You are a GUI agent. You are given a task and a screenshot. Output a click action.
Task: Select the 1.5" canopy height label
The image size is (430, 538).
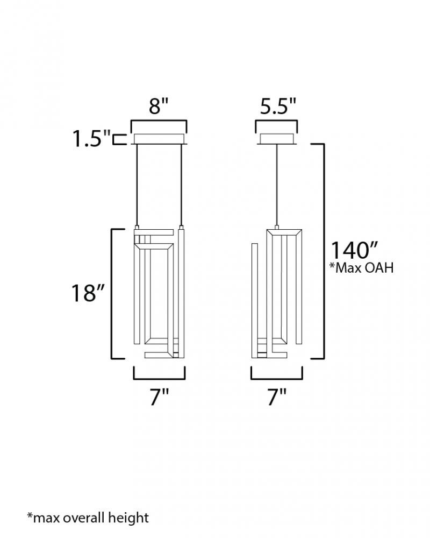click(x=91, y=138)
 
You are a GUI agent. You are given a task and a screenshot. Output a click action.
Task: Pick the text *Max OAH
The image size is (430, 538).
click(x=361, y=267)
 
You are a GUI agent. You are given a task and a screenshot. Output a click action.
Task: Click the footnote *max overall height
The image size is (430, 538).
click(x=88, y=518)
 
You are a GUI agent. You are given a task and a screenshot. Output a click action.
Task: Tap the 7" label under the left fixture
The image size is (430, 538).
click(x=159, y=398)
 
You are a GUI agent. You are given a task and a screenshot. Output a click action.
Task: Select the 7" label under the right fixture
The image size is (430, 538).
click(x=276, y=398)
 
